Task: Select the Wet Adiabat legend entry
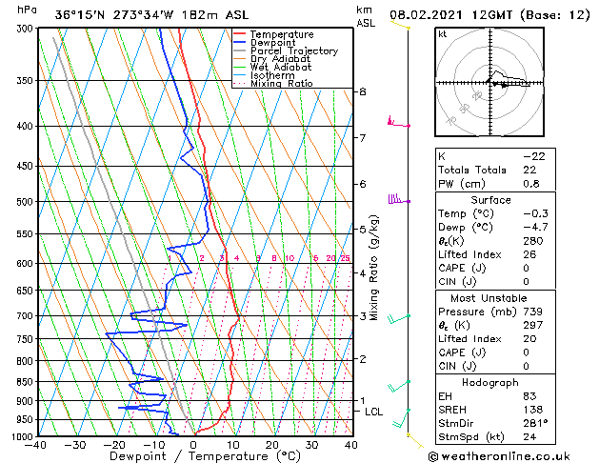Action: (x=281, y=67)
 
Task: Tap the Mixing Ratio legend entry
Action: (x=282, y=84)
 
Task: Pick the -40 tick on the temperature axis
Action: (x=37, y=445)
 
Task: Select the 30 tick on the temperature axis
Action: (x=311, y=445)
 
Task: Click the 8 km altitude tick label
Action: (x=362, y=91)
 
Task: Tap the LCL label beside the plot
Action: (x=373, y=411)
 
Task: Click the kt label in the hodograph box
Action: (x=442, y=34)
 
